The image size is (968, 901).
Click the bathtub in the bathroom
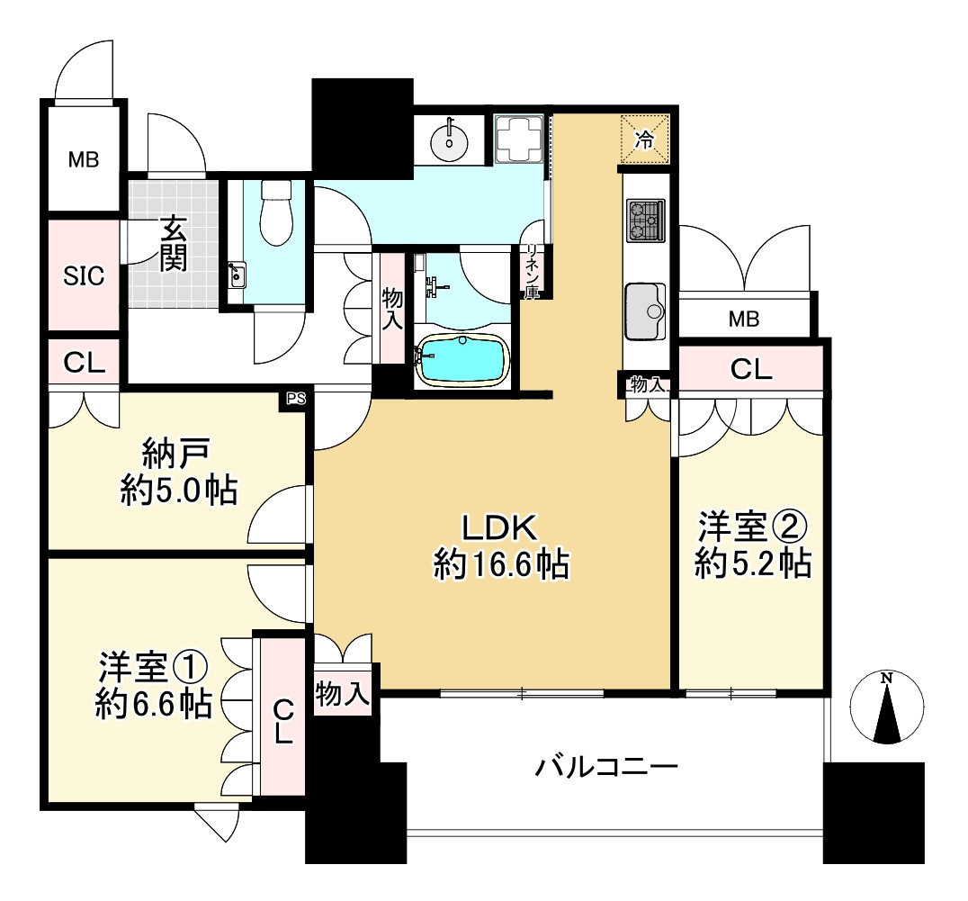pyautogui.click(x=462, y=360)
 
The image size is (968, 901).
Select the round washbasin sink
pyautogui.click(x=448, y=140)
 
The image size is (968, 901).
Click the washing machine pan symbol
pyautogui.click(x=518, y=140)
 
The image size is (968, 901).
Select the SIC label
pyautogui.click(x=83, y=276)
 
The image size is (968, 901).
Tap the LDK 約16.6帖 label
pyautogui.click(x=500, y=545)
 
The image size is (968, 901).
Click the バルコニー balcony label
pyautogui.click(x=605, y=767)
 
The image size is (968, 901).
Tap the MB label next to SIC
pyautogui.click(x=84, y=161)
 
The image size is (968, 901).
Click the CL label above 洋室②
pyautogui.click(x=751, y=369)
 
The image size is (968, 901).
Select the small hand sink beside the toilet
pyautogui.click(x=236, y=274)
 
